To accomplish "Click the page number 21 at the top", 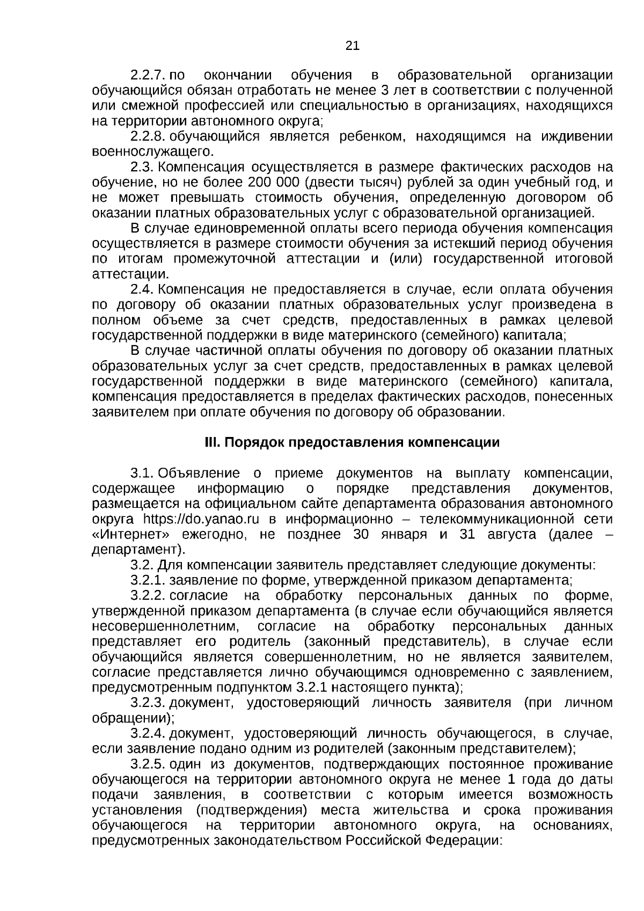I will (352, 46).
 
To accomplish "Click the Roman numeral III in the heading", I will (213, 443).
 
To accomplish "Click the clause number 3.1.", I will (143, 473).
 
